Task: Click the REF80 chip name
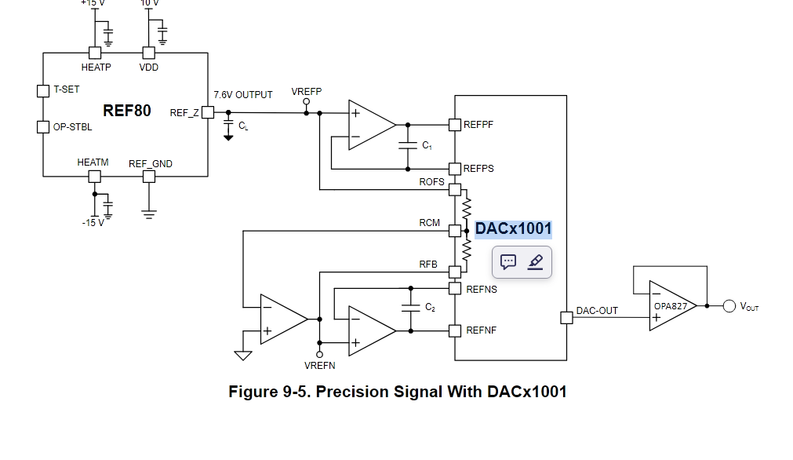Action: tap(127, 111)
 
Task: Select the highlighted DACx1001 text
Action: tap(513, 229)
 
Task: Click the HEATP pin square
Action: tap(96, 53)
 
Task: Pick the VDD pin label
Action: tap(149, 68)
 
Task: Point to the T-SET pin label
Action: tap(66, 89)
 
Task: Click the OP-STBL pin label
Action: tap(72, 127)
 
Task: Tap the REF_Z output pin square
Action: tap(208, 112)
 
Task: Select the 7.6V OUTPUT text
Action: tap(243, 95)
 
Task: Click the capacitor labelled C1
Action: tap(408, 146)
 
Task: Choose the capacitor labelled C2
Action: tap(408, 308)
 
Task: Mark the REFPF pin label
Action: tap(478, 125)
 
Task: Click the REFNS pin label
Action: tap(481, 290)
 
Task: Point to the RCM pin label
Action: tap(430, 223)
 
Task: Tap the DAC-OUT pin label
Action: tap(597, 311)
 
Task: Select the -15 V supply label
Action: tap(93, 223)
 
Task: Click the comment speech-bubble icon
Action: tap(508, 261)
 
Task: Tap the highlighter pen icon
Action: tap(536, 261)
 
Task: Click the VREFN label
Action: tap(319, 366)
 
